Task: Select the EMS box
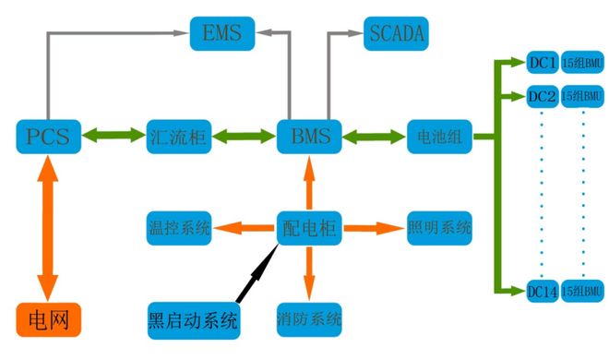221,35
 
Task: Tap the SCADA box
396,35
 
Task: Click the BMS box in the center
309,136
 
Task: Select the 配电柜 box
309,226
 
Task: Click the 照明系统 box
440,226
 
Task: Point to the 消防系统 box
309,320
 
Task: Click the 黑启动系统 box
194,320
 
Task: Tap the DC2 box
542,96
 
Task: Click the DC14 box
542,292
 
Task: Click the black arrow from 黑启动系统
255,270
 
